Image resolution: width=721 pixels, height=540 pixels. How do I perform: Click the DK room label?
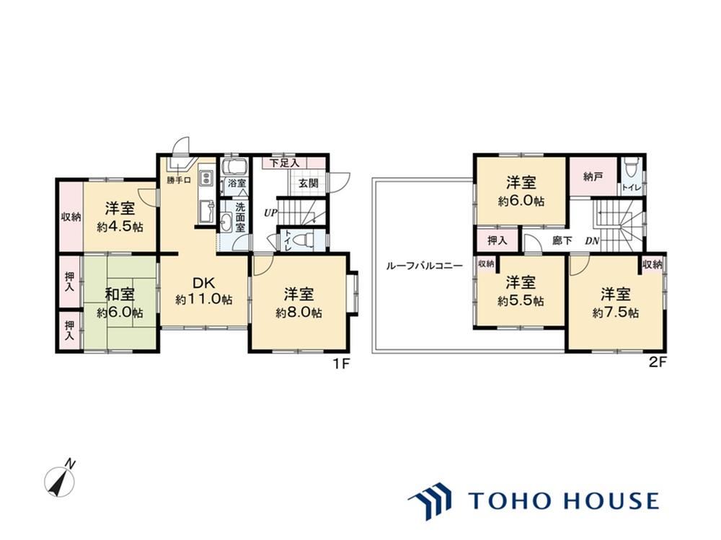point(204,283)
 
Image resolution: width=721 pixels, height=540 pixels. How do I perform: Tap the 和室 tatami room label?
point(120,294)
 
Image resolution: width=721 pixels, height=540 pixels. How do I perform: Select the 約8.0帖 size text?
point(299,312)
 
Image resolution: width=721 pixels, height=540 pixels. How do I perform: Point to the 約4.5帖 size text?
point(120,227)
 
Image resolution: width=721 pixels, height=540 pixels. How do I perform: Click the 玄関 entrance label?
point(309,183)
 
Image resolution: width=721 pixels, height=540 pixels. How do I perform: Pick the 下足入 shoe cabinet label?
point(284,163)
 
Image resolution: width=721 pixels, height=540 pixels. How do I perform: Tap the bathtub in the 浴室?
point(234,166)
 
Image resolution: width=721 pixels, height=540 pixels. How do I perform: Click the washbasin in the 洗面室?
point(226,224)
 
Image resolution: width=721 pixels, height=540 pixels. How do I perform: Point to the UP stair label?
point(270,213)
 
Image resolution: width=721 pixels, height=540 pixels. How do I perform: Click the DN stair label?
point(592,240)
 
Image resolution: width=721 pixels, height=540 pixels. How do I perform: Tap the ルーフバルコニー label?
point(425,266)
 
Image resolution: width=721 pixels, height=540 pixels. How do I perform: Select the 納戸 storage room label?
point(593,176)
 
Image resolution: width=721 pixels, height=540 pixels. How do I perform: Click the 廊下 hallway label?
point(562,240)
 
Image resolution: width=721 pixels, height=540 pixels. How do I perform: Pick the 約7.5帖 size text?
point(615,313)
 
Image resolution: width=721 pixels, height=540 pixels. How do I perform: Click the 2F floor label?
point(658,363)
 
